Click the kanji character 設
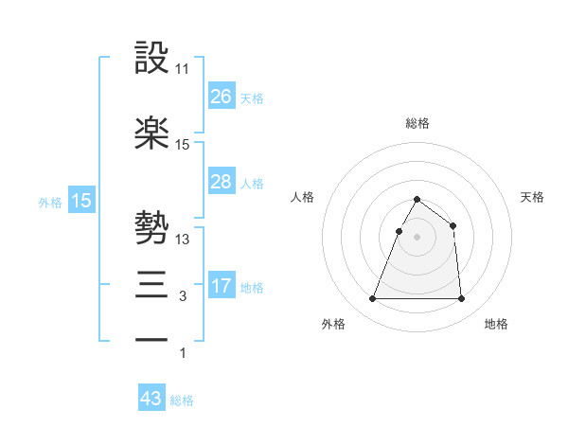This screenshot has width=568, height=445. click(152, 59)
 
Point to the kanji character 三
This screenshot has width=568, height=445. click(152, 282)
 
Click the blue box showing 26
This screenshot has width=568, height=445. click(221, 97)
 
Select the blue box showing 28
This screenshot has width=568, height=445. click(221, 182)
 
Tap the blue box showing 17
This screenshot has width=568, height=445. click(221, 285)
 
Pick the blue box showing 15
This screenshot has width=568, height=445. click(80, 201)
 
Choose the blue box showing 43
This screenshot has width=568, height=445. click(151, 399)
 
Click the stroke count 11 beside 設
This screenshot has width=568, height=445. click(183, 69)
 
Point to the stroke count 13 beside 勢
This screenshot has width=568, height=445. click(183, 239)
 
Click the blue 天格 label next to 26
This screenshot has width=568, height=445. click(251, 98)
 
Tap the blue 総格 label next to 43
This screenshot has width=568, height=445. click(182, 400)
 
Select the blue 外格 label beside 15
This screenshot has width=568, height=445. click(50, 203)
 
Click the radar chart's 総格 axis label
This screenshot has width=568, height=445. click(417, 123)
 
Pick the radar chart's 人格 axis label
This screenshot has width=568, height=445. click(303, 197)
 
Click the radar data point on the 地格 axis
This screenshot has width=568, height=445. click(461, 299)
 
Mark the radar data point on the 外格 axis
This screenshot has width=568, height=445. click(373, 299)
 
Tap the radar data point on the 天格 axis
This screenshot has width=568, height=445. click(453, 225)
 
